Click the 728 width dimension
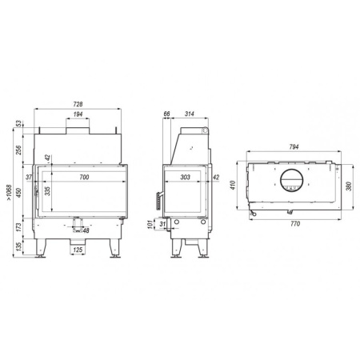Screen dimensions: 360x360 [78, 104]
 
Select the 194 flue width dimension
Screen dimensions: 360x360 [78, 114]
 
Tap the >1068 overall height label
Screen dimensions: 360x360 [10, 193]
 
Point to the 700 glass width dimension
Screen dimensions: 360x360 [84, 177]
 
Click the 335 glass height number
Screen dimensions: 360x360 [47, 191]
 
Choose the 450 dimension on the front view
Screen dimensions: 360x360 [18, 193]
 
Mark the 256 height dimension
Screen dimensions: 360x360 [18, 150]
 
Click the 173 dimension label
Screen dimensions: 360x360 [18, 227]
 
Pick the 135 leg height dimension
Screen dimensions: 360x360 [18, 246]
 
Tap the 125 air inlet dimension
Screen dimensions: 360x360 [78, 250]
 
